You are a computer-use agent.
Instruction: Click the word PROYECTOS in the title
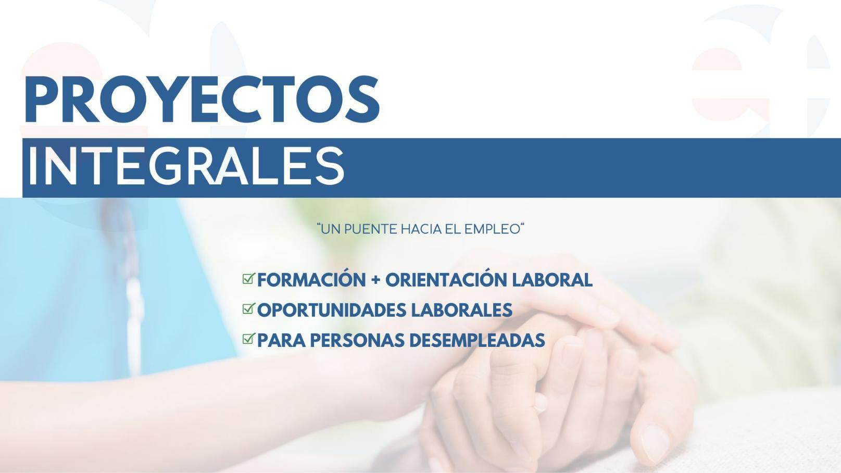click(x=202, y=99)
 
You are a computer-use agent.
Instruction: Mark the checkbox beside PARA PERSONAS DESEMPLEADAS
click(x=248, y=339)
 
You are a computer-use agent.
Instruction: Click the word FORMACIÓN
click(x=311, y=280)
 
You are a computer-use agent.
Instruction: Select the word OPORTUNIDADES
click(x=332, y=310)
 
